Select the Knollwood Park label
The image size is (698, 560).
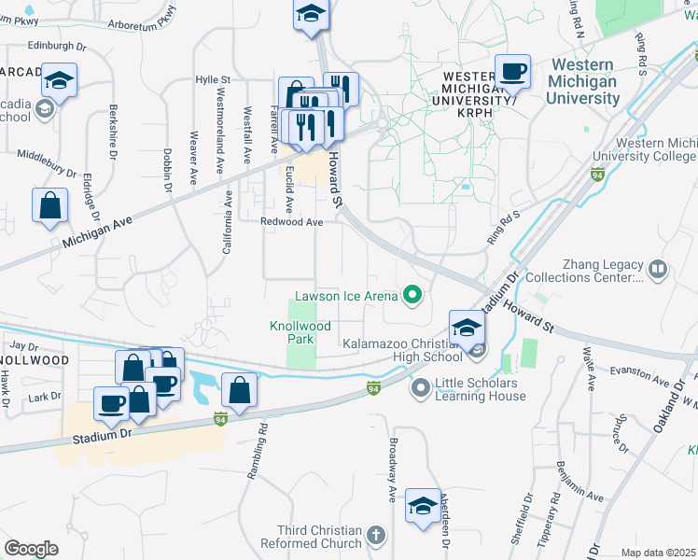point(300,333)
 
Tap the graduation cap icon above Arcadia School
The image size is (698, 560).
point(59,81)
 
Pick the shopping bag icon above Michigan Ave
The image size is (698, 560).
point(49,205)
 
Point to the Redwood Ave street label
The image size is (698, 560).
point(291,222)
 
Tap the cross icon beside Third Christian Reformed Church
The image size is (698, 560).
point(375,536)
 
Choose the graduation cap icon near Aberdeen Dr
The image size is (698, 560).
point(423,507)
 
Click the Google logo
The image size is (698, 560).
point(31,549)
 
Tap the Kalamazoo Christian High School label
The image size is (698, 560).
point(403,350)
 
